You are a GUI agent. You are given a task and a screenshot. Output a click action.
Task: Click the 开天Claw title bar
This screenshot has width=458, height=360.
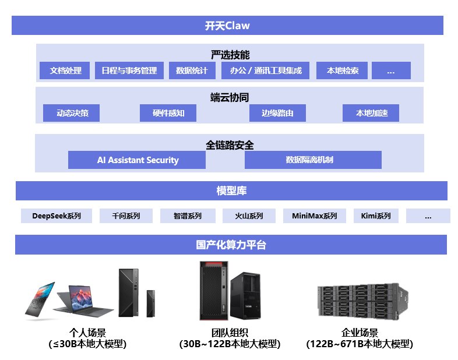click(x=227, y=26)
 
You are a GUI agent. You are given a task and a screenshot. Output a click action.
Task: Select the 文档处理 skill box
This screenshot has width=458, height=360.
click(x=65, y=70)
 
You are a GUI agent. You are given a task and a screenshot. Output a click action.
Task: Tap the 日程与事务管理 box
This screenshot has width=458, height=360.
click(x=129, y=70)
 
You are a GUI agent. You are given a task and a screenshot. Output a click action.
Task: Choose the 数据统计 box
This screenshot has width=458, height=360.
click(x=192, y=70)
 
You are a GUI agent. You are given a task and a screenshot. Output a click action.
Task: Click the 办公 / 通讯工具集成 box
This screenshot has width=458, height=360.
click(x=265, y=70)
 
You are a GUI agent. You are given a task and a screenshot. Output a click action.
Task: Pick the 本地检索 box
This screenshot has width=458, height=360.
click(x=342, y=70)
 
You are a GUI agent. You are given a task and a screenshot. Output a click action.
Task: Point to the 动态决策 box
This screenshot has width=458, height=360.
click(x=72, y=113)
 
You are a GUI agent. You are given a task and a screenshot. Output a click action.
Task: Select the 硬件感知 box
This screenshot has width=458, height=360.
click(x=168, y=113)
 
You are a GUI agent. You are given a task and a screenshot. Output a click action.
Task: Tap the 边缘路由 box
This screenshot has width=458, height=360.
click(x=277, y=113)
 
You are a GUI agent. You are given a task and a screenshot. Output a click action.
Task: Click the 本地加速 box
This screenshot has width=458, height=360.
click(x=371, y=113)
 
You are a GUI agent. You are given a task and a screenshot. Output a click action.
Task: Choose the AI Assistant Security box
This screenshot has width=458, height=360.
click(x=137, y=160)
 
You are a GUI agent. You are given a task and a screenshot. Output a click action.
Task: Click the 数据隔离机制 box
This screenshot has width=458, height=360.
click(x=313, y=160)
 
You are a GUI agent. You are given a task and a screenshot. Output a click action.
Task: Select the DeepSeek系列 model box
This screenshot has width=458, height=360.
click(x=57, y=216)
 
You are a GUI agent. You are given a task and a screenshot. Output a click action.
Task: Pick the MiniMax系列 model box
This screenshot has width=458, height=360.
click(x=314, y=216)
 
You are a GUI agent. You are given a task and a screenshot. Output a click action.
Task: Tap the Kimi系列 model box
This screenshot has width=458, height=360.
click(x=376, y=216)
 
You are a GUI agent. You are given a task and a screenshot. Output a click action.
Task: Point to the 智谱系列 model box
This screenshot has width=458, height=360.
click(x=187, y=216)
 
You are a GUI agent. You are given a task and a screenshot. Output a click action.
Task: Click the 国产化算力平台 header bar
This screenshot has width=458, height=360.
click(x=231, y=245)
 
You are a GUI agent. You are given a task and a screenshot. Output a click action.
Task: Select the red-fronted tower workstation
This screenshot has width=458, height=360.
click(x=212, y=290)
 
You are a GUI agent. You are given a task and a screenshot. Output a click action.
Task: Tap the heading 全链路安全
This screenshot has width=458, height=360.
click(x=230, y=144)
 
